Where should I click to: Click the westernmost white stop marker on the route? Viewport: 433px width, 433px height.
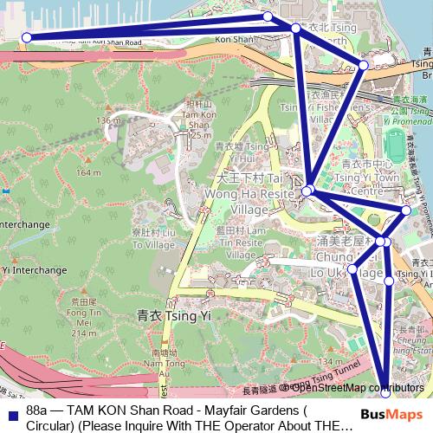click(27, 37)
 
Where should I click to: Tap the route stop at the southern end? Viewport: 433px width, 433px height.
click(385, 394)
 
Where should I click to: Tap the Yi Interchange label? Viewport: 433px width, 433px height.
click(35, 270)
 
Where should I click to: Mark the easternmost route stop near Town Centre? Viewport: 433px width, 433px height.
click(406, 210)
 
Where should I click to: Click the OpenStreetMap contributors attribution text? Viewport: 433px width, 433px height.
click(358, 388)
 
